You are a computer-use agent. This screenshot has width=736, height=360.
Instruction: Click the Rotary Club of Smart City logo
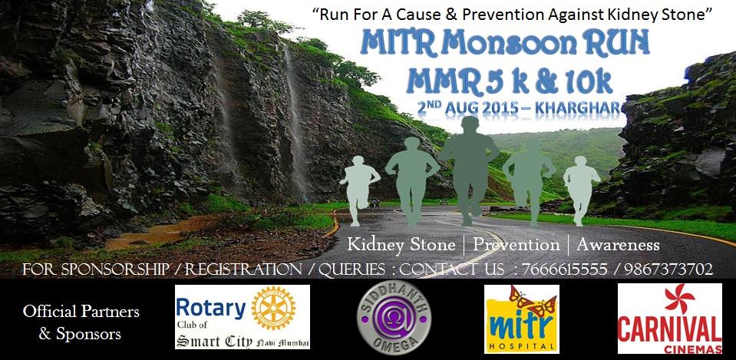click(242, 317)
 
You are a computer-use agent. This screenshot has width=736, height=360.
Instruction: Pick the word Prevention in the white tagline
click(516, 246)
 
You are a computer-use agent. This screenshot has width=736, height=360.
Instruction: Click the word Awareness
click(618, 246)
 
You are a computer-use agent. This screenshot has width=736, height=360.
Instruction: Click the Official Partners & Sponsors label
click(81, 322)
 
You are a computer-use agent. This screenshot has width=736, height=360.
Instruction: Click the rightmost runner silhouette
click(582, 186)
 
